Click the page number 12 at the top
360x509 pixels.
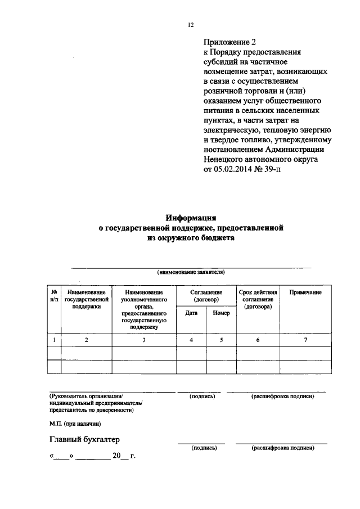pyautogui.click(x=191, y=25)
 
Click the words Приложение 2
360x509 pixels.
pyautogui.click(x=229, y=42)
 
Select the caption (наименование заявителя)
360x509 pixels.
pyautogui.click(x=191, y=272)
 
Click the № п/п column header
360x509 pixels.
pyautogui.click(x=55, y=296)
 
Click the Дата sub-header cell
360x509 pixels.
pyautogui.click(x=191, y=313)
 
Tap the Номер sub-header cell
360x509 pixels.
pyautogui.click(x=221, y=313)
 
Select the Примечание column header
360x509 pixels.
pyautogui.click(x=305, y=292)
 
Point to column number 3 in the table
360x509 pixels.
pyautogui.click(x=144, y=339)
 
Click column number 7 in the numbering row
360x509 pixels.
pyautogui.click(x=305, y=339)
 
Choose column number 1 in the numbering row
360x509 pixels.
pyautogui.click(x=55, y=339)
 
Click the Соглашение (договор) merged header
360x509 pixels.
pyautogui.click(x=206, y=296)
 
